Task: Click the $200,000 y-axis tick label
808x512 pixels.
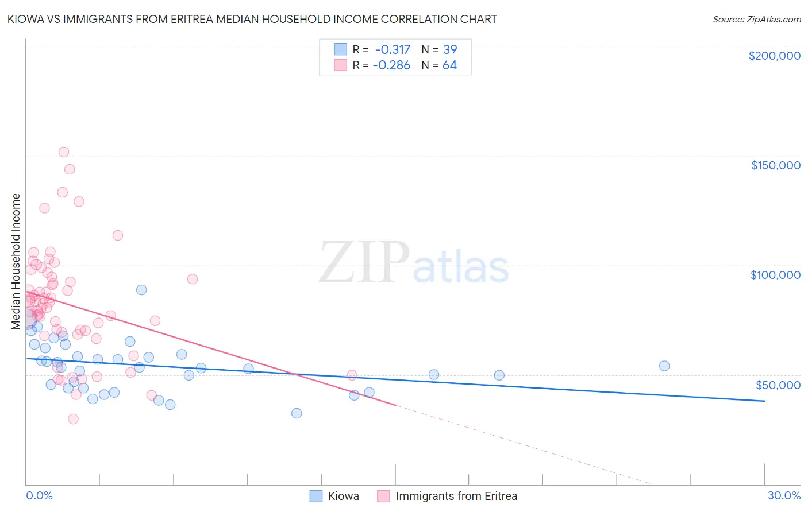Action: pyautogui.click(x=774, y=56)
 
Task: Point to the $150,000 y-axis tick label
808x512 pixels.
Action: pyautogui.click(x=775, y=165)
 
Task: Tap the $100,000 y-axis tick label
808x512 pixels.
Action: pyautogui.click(x=775, y=275)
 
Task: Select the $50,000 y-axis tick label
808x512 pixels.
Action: pyautogui.click(x=778, y=385)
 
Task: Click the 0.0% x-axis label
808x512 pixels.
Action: pyautogui.click(x=39, y=496)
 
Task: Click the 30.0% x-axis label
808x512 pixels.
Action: pyautogui.click(x=784, y=496)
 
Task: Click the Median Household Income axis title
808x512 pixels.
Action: pyautogui.click(x=16, y=262)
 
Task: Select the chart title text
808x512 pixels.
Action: pyautogui.click(x=252, y=19)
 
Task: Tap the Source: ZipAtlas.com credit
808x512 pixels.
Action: pyautogui.click(x=756, y=20)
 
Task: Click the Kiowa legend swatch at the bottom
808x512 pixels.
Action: pyautogui.click(x=316, y=496)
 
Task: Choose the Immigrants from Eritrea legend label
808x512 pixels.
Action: pyautogui.click(x=456, y=496)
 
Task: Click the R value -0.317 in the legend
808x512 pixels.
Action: pyautogui.click(x=393, y=50)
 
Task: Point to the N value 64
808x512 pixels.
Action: pyautogui.click(x=449, y=65)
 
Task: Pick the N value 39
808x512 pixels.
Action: pyautogui.click(x=449, y=50)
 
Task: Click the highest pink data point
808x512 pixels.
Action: pyautogui.click(x=64, y=152)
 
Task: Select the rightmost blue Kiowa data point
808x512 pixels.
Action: pyautogui.click(x=664, y=366)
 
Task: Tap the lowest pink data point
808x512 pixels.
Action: pyautogui.click(x=73, y=419)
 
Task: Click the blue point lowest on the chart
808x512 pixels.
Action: pyautogui.click(x=297, y=413)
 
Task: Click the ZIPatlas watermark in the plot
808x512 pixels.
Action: pyautogui.click(x=414, y=263)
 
